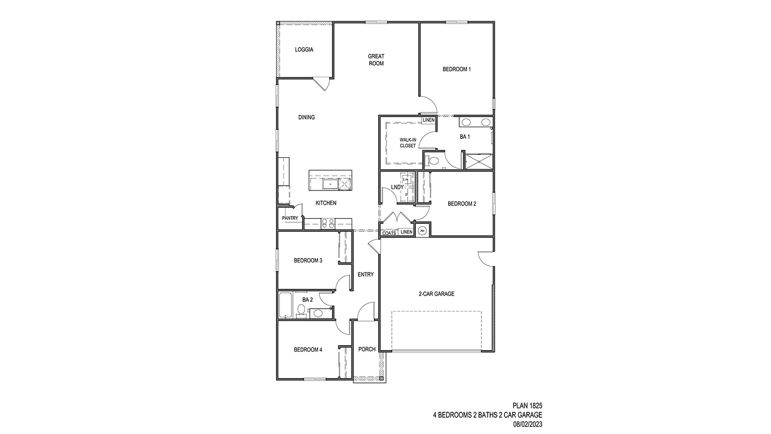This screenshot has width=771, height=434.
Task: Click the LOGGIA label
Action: tap(304, 50)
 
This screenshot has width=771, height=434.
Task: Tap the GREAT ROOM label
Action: tap(376, 60)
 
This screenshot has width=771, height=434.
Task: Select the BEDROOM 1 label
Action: tap(456, 69)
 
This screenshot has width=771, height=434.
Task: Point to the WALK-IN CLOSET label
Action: tap(407, 143)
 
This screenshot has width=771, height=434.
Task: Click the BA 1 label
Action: tap(465, 137)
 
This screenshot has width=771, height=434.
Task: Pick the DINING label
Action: tap(306, 117)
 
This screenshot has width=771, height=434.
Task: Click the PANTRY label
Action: tap(290, 218)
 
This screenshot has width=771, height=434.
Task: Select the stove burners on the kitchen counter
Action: tap(328, 223)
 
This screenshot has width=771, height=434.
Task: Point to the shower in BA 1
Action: tap(479, 161)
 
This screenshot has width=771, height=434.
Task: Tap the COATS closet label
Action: tap(389, 233)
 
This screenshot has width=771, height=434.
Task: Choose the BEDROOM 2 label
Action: tap(462, 204)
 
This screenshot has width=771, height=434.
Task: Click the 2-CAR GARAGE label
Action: tap(436, 294)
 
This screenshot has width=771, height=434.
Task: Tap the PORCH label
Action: tap(367, 350)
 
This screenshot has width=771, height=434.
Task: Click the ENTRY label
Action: tap(366, 275)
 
